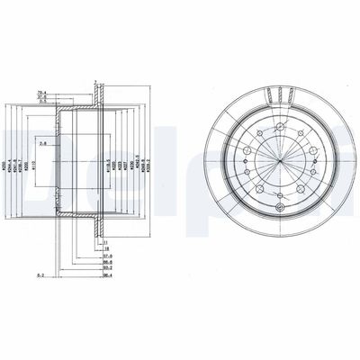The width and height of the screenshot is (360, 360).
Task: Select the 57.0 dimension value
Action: [106, 256]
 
